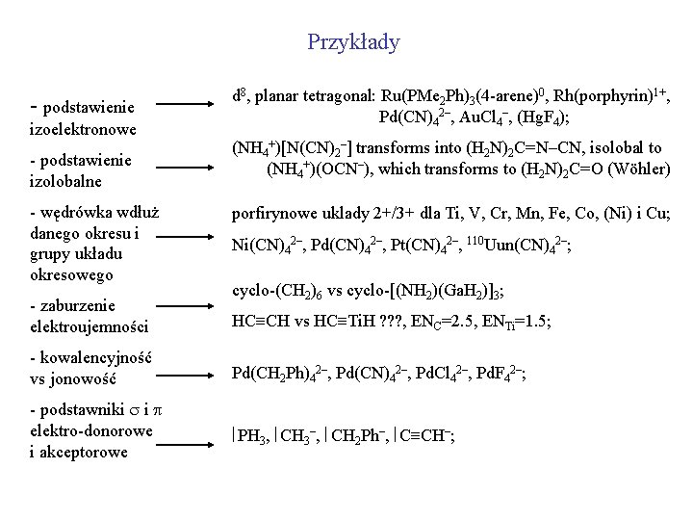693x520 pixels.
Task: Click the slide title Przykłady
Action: [353, 42]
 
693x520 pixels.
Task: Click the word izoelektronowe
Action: [83, 128]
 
